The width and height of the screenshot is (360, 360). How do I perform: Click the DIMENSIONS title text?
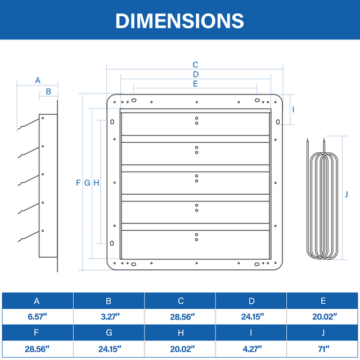(x=179, y=21)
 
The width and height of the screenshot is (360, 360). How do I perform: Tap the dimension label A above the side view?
(x=38, y=80)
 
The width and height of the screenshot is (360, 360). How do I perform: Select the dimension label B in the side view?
(x=48, y=91)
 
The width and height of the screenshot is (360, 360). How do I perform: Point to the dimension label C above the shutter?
(x=195, y=65)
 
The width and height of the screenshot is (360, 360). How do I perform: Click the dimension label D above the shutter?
(x=196, y=74)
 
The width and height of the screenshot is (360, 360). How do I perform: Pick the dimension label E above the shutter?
(x=195, y=84)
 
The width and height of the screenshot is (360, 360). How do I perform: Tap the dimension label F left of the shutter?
(x=78, y=183)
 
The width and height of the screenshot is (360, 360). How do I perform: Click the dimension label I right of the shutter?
(x=293, y=110)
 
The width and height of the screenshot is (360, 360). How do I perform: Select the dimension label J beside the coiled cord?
(x=346, y=194)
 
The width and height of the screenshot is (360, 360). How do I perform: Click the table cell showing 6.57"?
(x=38, y=317)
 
